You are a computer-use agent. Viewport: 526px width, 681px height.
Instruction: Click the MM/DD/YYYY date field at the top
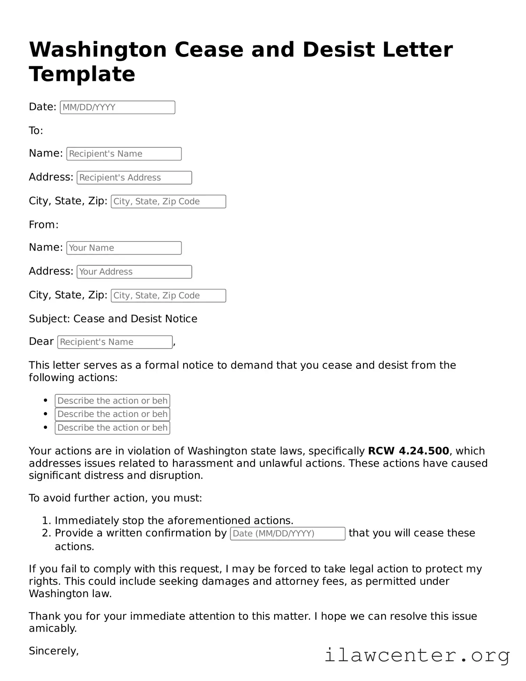117,107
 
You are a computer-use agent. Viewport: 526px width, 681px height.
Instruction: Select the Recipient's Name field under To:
124,154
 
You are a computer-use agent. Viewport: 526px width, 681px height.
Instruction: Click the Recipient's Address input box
134,178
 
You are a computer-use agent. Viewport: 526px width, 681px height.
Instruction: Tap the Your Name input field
124,248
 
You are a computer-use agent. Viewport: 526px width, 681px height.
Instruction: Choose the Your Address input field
134,272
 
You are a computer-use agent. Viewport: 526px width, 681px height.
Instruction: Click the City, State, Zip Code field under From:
168,296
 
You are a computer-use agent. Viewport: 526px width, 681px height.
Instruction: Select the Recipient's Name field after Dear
115,342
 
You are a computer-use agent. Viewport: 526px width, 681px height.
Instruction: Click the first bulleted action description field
112,401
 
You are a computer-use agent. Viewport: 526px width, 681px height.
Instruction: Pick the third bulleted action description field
112,428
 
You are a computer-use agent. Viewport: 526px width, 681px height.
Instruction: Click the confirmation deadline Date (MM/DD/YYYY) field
287,534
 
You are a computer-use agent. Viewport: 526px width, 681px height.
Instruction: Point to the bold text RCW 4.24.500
408,451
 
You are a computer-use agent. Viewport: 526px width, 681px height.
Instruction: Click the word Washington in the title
98,50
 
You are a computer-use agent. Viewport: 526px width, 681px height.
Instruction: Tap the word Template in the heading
82,74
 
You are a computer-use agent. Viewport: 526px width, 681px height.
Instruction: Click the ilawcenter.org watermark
417,656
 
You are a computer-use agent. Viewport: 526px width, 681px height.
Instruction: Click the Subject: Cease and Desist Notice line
113,319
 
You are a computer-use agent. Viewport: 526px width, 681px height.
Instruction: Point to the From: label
44,225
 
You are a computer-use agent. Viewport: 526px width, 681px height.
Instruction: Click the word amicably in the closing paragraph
53,629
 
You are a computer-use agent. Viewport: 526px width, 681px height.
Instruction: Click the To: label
36,131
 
